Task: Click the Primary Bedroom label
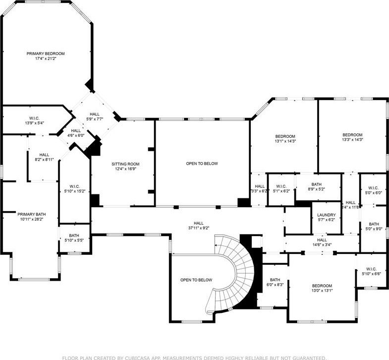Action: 46,54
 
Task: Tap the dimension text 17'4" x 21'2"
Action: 46,59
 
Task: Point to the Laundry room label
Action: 326,215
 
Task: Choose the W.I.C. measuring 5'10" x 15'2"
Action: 75,189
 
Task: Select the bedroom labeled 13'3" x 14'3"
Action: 352,137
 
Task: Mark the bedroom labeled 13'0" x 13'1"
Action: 322,288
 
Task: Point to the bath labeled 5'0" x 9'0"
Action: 374,226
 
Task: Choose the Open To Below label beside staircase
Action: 196,280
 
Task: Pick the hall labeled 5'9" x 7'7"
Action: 95,117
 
